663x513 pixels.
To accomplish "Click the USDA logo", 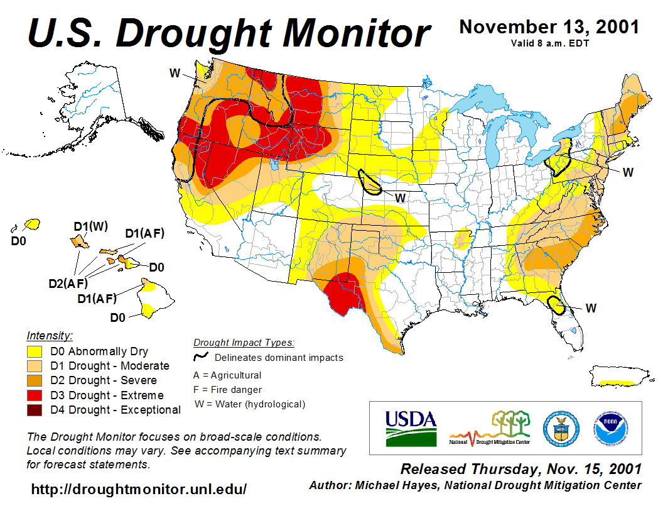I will click(x=410, y=427).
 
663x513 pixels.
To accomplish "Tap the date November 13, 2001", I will click(x=549, y=27).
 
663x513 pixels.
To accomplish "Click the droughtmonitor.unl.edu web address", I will click(x=139, y=488).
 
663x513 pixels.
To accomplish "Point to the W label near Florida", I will click(x=591, y=308).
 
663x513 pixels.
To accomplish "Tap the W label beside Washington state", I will click(x=175, y=73).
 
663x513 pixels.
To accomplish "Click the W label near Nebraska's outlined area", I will click(x=400, y=197).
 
